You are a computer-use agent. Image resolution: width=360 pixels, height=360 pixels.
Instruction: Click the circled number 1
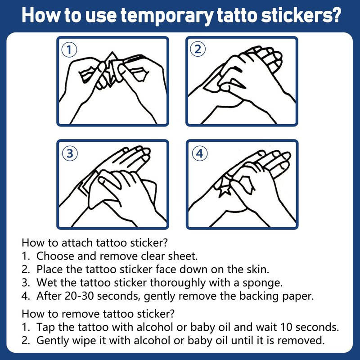[69, 50]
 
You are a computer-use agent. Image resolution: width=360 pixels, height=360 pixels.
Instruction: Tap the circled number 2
[198, 49]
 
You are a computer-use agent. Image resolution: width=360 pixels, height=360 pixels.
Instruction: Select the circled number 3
[70, 153]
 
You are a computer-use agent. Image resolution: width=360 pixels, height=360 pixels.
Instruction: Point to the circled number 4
[199, 153]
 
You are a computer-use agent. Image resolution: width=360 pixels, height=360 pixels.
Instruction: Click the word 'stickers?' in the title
[301, 15]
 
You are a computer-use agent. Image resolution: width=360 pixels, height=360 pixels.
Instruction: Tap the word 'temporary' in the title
[166, 17]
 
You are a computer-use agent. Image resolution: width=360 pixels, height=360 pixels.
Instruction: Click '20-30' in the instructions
[79, 296]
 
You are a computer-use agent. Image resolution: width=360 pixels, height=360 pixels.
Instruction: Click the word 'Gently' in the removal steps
[53, 341]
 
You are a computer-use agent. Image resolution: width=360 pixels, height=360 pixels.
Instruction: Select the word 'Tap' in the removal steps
[45, 328]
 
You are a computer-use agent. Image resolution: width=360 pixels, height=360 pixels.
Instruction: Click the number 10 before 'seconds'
[285, 327]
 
